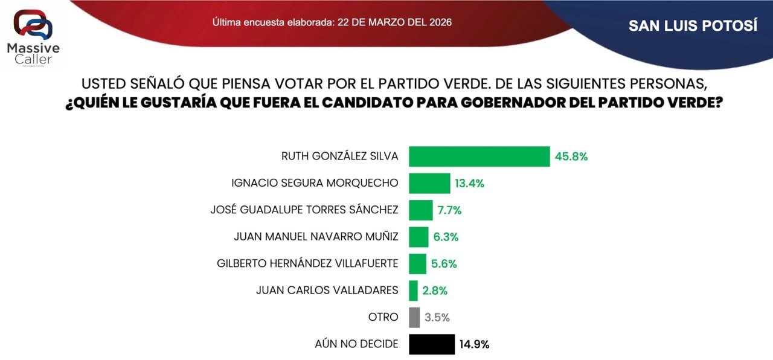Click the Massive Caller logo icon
33,24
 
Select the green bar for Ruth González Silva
479,156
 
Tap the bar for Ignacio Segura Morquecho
429,183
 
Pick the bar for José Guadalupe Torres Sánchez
420,210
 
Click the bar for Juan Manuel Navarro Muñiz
419,237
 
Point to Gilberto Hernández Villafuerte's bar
417,263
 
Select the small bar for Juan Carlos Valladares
413,291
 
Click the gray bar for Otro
414,317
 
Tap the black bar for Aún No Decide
432,344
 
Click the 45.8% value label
571,156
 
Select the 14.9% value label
475,344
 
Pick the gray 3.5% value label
437,317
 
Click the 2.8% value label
435,291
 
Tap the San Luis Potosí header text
692,26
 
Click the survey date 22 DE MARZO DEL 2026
396,22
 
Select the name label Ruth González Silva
339,156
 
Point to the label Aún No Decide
356,344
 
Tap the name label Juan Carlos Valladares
327,291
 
